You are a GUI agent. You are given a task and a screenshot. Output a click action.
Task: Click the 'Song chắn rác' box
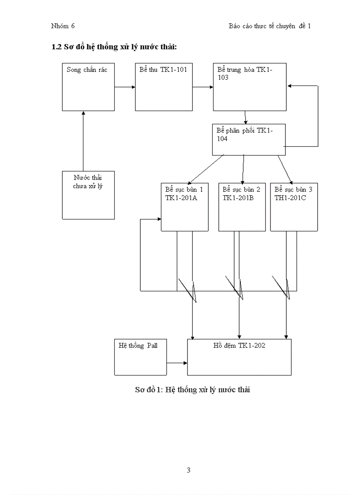[88, 87]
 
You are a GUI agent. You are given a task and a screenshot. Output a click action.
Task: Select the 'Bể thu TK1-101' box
[163, 87]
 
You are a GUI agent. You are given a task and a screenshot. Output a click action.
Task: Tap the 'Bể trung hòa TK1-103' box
[249, 87]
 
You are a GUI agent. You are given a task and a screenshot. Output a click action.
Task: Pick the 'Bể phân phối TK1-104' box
[249, 139]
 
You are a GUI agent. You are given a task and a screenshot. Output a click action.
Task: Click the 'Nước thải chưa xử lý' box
[88, 195]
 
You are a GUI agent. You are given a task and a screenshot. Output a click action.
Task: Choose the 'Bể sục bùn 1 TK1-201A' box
[184, 207]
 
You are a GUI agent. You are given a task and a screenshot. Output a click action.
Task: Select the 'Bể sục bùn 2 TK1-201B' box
[242, 207]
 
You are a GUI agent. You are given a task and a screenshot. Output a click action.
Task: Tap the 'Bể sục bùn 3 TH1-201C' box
[294, 207]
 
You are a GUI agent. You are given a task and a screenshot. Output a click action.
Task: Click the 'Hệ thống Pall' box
[140, 357]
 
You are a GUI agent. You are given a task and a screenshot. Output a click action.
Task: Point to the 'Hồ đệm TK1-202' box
[239, 357]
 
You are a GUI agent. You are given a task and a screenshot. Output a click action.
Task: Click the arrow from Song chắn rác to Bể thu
[125, 87]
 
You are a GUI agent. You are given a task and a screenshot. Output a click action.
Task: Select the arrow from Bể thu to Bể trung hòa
[202, 87]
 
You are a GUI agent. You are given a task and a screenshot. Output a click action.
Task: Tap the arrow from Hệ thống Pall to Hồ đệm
[177, 363]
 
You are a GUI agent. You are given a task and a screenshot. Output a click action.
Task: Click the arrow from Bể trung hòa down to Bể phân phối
[245, 117]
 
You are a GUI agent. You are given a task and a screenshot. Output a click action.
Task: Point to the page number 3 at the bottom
[188, 470]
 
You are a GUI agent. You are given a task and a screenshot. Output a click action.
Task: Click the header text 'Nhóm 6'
[63, 26]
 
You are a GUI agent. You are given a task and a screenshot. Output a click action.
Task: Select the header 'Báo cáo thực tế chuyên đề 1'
[270, 26]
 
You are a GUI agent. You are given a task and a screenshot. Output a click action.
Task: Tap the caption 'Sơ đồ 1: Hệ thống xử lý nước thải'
[192, 390]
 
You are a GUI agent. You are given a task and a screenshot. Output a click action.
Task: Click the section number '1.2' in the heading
[57, 47]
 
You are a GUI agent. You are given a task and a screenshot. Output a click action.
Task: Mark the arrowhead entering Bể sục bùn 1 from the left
[158, 219]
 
